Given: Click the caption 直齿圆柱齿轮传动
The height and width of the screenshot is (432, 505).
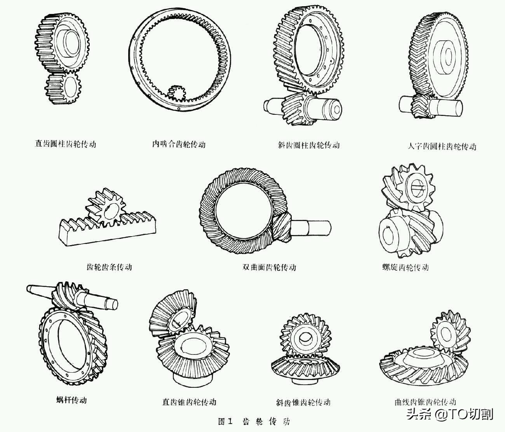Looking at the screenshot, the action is click(65, 144).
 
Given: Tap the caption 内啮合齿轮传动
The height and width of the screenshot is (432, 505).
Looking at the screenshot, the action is click(178, 144).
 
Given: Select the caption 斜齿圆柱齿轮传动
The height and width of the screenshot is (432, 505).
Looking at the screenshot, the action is click(308, 145).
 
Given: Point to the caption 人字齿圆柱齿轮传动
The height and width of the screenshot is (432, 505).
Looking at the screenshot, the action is click(442, 146).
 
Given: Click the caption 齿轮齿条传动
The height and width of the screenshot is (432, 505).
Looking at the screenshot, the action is click(109, 267).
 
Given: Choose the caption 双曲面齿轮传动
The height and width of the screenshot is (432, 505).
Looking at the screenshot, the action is click(269, 267).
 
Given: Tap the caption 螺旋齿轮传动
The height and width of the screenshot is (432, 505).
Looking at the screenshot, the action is click(405, 267).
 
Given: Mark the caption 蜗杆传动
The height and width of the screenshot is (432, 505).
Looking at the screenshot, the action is click(71, 400).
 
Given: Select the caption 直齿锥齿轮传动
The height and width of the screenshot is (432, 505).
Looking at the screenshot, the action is click(189, 402).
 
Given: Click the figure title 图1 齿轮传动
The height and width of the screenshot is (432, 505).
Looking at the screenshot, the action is click(254, 421).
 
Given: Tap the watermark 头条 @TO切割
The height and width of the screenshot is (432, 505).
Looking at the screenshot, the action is click(450, 414).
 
